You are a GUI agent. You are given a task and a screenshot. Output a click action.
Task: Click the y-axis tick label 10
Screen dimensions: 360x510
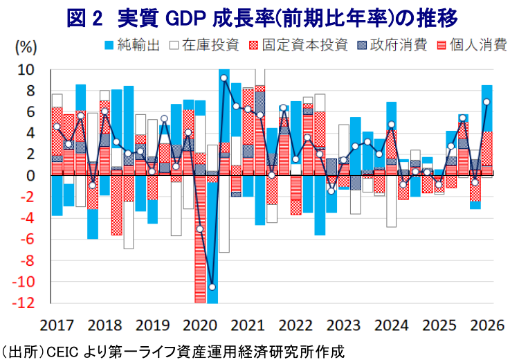coord(26,70)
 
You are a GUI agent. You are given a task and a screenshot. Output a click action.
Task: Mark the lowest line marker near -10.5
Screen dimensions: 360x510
coord(212,287)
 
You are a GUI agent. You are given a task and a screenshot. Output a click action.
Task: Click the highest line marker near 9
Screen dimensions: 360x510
coord(224,78)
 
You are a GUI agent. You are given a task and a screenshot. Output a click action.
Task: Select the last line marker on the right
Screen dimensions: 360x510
coord(486,102)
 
